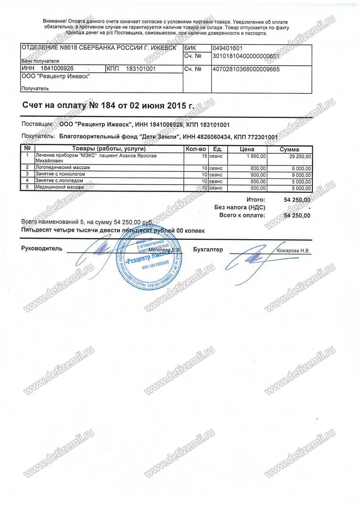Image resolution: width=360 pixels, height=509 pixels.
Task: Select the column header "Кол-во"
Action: pos(196,149)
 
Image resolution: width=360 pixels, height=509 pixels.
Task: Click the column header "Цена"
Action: pos(247,149)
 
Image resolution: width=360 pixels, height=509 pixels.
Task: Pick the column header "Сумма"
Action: pos(290,149)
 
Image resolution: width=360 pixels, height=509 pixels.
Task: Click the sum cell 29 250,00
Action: pos(299,156)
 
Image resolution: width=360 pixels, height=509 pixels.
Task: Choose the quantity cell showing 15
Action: pos(204,156)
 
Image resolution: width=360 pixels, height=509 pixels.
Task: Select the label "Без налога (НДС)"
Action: pos(240,207)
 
